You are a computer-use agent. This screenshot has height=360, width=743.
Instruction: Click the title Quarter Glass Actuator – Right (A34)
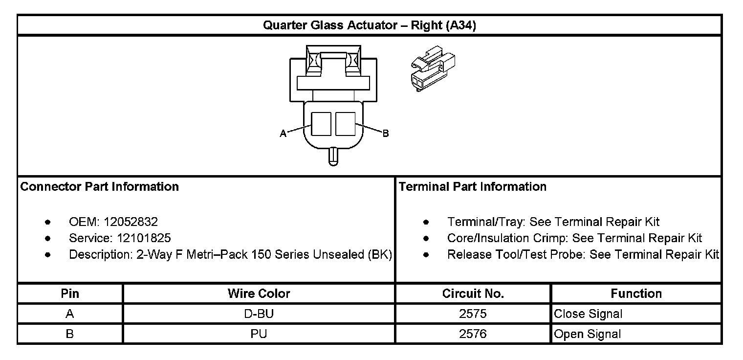370,25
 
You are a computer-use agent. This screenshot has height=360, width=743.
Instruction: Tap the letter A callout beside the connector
283,134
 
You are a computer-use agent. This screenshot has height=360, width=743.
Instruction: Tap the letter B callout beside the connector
386,134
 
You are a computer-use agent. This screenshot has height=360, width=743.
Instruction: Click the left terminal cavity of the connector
321,123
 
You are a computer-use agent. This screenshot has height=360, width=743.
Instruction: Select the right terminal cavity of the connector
345,123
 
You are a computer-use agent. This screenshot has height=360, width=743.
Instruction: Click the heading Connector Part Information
100,187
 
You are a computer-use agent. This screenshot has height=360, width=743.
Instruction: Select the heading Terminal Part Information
473,187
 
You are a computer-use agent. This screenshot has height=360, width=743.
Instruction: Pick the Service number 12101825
144,238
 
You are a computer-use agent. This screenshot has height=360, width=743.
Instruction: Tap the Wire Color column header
259,293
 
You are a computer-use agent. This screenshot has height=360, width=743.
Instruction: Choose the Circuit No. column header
473,293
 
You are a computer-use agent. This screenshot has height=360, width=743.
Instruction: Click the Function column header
636,293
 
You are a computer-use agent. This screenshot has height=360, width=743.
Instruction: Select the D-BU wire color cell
259,314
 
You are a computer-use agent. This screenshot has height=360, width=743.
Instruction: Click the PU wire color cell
259,334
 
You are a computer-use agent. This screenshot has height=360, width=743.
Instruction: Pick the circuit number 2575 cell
473,314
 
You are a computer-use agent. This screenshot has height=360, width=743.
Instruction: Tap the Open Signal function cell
588,334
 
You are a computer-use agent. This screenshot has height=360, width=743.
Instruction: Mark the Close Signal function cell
588,314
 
